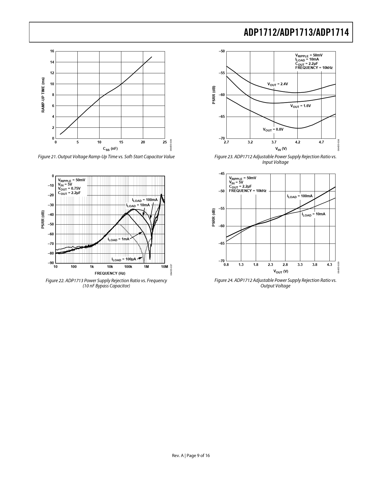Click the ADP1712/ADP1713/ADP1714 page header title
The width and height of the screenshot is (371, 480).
click(296, 33)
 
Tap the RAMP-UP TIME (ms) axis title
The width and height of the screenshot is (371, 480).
click(43, 95)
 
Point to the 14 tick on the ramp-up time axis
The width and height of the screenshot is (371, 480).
click(52, 62)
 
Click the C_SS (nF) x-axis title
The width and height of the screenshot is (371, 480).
click(110, 149)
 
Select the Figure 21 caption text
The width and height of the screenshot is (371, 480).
click(106, 157)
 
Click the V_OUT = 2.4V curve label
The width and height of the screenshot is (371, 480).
click(278, 84)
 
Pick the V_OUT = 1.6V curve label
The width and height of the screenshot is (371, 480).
click(301, 106)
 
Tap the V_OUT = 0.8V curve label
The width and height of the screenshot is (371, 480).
click(273, 129)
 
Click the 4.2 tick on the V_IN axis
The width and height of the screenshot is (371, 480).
click(297, 143)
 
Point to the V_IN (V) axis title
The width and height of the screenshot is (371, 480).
click(281, 149)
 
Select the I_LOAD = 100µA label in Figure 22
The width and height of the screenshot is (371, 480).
click(124, 259)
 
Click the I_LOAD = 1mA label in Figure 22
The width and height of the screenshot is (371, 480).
click(118, 239)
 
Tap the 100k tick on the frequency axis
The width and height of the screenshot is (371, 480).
click(128, 267)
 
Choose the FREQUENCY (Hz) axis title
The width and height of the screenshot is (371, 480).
click(110, 273)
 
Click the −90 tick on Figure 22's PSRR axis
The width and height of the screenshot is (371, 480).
click(51, 263)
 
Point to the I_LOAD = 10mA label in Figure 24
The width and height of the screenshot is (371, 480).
click(313, 214)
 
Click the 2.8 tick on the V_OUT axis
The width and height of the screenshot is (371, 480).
click(285, 265)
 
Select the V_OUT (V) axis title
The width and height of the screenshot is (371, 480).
click(281, 271)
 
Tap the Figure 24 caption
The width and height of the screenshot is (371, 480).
click(275, 283)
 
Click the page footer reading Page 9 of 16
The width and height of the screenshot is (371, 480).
click(191, 456)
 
